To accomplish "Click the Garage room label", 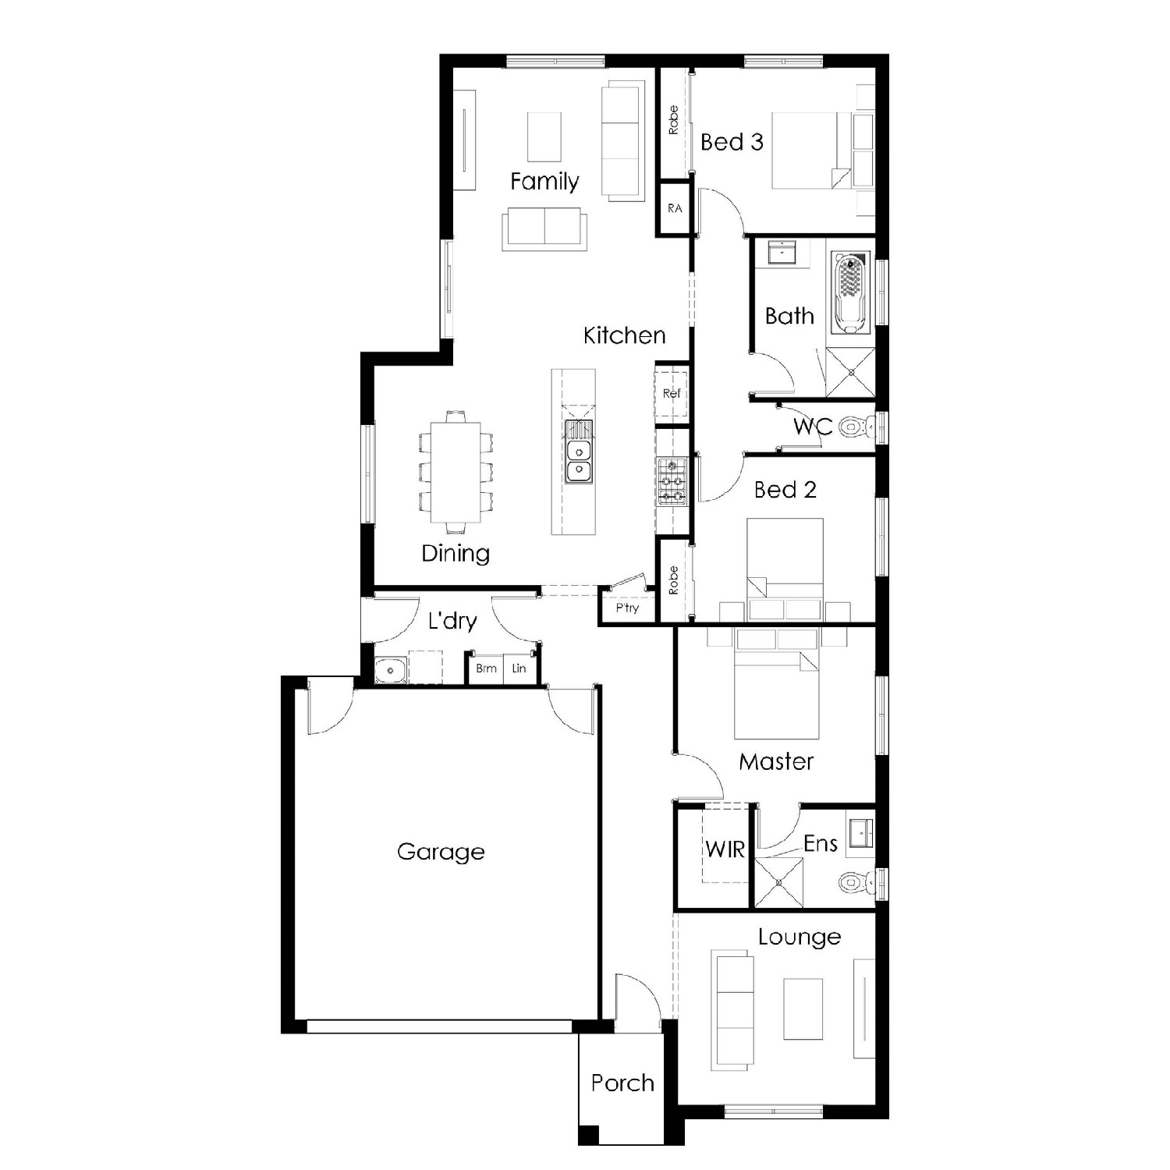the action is click(x=441, y=852).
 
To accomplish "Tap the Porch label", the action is click(x=622, y=1083).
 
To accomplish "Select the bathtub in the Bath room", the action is click(x=849, y=292).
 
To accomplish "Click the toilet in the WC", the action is click(x=857, y=427).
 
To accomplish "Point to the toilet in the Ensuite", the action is click(x=857, y=882).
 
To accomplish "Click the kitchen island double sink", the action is click(x=578, y=461).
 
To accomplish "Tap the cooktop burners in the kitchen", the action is click(x=672, y=481).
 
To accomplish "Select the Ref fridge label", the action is click(x=672, y=393).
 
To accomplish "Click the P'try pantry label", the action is click(x=627, y=608).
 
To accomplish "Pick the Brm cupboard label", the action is click(x=486, y=668).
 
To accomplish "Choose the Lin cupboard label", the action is click(x=519, y=668).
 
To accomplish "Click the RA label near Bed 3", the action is click(x=675, y=208).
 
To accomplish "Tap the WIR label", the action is click(x=725, y=849).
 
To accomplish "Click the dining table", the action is click(x=456, y=473).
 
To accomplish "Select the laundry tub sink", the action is click(x=390, y=671).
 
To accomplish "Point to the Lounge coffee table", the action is click(x=803, y=1009).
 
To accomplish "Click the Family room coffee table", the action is click(x=544, y=136).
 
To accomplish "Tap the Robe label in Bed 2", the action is click(x=673, y=580).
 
